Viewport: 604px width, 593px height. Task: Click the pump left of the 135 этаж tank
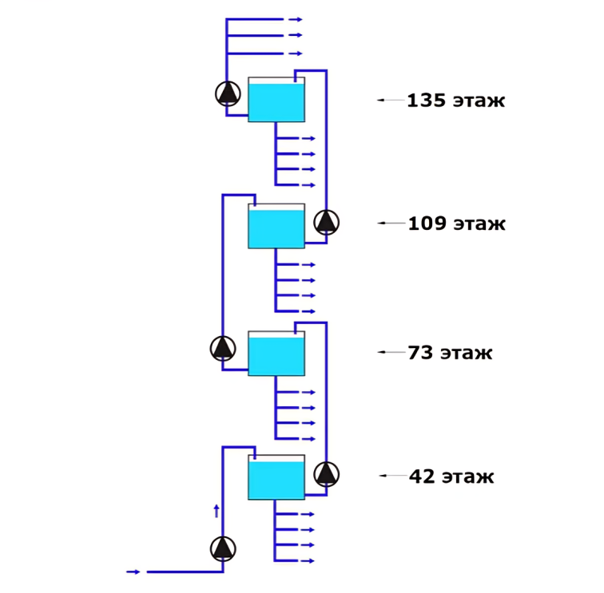click(x=228, y=93)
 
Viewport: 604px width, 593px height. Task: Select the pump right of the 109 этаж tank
click(x=326, y=221)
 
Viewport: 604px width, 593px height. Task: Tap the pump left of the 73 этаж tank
click(x=223, y=348)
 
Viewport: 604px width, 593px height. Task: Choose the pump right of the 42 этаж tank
click(x=326, y=473)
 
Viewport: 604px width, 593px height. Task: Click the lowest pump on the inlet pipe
click(x=223, y=548)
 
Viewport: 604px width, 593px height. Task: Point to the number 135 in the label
click(x=426, y=101)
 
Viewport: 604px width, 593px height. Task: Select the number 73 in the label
click(x=420, y=353)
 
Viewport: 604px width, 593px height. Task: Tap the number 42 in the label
click(x=421, y=477)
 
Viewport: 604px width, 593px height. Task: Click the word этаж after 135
click(x=479, y=101)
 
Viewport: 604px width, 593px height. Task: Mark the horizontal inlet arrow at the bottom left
click(x=133, y=571)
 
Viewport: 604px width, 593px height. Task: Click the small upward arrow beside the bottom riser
click(x=216, y=511)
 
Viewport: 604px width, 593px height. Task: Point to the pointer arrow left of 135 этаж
click(x=390, y=100)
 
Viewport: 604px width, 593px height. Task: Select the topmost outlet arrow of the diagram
click(x=295, y=18)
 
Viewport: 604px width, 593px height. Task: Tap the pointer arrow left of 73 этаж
click(x=391, y=351)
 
